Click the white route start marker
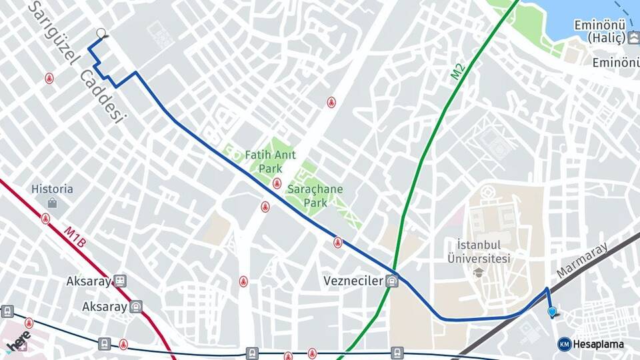(101, 33)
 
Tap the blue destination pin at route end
(552, 311)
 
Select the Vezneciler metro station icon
(392, 281)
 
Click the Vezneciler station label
(354, 281)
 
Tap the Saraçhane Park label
(315, 195)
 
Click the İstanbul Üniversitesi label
(479, 251)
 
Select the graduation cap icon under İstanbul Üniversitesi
(479, 272)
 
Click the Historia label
(52, 189)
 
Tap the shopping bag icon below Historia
(52, 203)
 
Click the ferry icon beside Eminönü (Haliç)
(633, 38)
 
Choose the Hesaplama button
(591, 344)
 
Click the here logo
(19, 341)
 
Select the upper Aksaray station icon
(120, 281)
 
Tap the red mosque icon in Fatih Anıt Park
(277, 183)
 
